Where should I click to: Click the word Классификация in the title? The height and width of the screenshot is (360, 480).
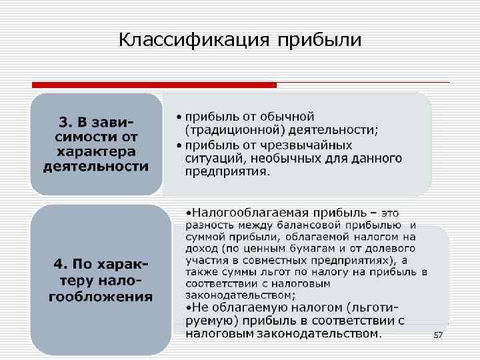tap(194, 40)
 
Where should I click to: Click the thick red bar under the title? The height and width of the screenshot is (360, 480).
tap(154, 85)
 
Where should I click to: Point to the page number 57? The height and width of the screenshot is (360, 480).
tap(437, 335)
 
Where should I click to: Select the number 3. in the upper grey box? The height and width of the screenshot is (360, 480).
tap(66, 123)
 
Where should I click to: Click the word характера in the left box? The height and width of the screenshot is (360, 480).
tap(95, 152)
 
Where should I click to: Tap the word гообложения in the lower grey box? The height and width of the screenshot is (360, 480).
tap(101, 296)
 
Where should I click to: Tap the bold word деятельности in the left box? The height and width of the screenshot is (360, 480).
tap(95, 167)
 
